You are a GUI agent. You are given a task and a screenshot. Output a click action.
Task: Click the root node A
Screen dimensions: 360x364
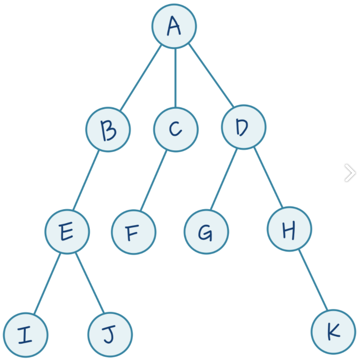pos(174,26)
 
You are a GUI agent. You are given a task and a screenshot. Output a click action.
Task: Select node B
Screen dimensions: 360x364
pos(108,129)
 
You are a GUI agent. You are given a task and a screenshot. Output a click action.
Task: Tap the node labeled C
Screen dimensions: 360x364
pos(176,129)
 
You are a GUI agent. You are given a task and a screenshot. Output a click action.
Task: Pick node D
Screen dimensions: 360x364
pos(244,127)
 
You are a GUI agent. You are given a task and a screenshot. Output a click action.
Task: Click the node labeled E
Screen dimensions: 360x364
pos(67,232)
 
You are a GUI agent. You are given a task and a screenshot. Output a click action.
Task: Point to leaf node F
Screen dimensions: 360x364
pos(134,232)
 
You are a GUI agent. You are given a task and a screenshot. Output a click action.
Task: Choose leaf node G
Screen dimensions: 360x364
pos(206,232)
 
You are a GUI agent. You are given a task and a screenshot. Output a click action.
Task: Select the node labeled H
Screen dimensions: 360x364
pos(289,229)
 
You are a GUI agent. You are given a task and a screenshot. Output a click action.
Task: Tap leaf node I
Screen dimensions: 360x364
pos(25,335)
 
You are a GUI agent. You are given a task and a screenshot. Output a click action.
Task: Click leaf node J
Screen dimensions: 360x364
pos(110,335)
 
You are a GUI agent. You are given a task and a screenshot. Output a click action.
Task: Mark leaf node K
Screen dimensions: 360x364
pos(333,332)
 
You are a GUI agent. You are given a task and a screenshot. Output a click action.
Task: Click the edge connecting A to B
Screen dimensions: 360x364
pos(141,77)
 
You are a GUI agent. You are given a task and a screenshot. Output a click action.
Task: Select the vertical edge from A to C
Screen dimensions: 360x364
pos(175,78)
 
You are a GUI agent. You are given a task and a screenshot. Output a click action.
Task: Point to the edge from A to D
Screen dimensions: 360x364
pos(211,75)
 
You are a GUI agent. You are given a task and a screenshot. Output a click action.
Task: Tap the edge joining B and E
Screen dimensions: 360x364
pos(86,180)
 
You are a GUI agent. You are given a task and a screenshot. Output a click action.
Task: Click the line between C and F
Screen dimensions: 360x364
pos(154,180)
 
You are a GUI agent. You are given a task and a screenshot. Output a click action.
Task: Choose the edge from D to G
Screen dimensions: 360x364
pos(224,179)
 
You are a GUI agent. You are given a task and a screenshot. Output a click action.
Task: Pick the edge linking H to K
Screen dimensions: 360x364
pos(313,280)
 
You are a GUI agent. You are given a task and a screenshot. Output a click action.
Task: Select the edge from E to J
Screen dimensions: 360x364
pos(90,283)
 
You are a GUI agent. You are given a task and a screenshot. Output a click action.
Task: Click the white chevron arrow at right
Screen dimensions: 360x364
pos(350,173)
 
